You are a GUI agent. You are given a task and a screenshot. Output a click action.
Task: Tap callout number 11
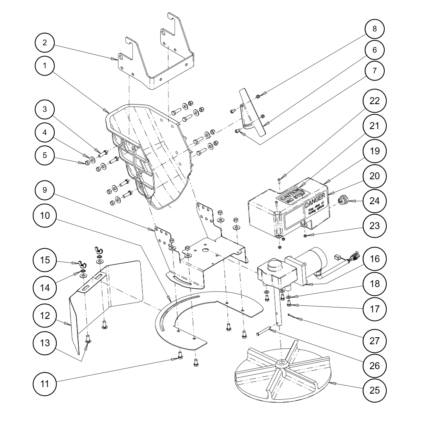click(45, 383)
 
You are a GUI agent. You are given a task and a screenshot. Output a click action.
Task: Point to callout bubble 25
click(374, 390)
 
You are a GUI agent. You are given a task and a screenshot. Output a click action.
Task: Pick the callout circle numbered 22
click(374, 100)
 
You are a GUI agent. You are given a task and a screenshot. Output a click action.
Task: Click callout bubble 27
click(374, 340)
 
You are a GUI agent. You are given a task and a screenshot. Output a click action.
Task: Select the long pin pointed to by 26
click(266, 330)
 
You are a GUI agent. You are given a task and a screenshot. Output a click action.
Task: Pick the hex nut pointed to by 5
click(87, 163)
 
